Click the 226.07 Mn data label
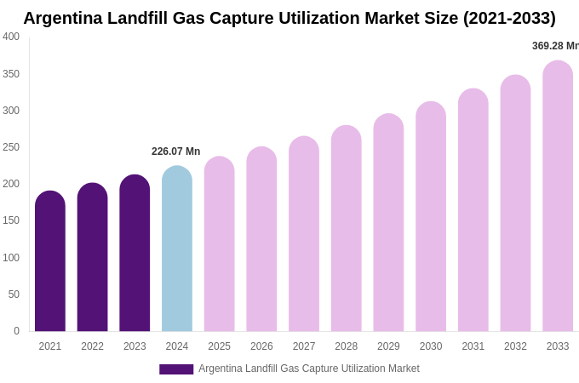click(x=175, y=151)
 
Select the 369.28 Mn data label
click(x=555, y=46)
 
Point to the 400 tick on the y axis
click(x=11, y=37)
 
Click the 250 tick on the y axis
click(x=11, y=147)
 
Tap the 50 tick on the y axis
click(x=14, y=294)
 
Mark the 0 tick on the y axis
click(x=16, y=331)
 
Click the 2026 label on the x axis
click(x=261, y=346)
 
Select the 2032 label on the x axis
click(x=515, y=346)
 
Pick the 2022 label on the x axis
click(x=92, y=346)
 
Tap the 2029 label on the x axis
click(x=388, y=346)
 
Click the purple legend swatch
click(x=176, y=369)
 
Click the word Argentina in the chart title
click(x=64, y=18)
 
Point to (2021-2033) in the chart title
click(x=508, y=18)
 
